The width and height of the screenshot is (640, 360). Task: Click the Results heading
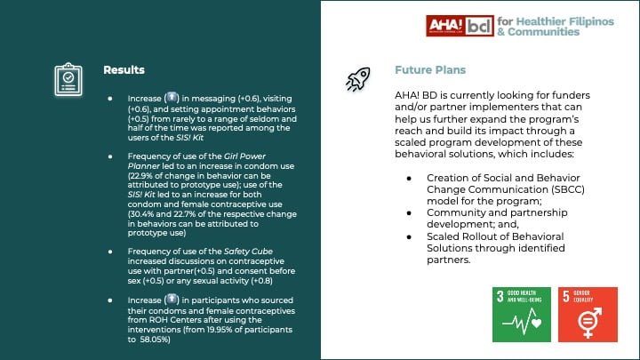point(124,69)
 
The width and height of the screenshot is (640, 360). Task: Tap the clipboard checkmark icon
point(67,78)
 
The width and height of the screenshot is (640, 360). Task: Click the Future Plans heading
point(430,69)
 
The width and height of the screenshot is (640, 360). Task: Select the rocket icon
point(358,79)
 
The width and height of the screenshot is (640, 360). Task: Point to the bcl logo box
point(480,25)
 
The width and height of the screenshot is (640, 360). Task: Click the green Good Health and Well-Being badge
point(521,315)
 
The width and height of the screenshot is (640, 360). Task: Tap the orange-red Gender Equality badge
point(587,315)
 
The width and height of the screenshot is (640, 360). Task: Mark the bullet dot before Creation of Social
point(409,178)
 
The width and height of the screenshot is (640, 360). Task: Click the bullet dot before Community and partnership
point(409,213)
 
